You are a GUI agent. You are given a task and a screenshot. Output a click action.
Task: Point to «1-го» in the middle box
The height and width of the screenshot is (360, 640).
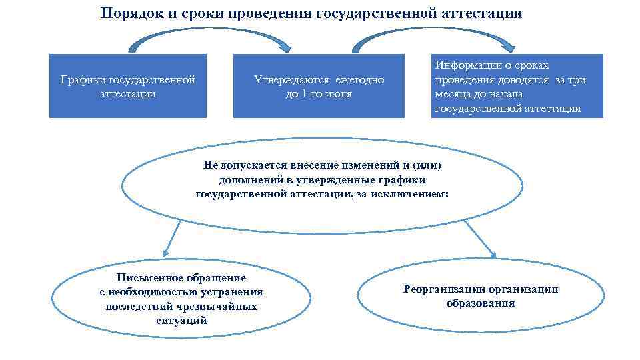[310, 94]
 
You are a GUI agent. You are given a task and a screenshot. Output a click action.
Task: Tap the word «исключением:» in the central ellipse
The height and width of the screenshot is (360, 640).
[415, 194]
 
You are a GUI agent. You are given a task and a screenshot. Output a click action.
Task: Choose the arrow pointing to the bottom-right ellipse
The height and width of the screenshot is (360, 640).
[480, 239]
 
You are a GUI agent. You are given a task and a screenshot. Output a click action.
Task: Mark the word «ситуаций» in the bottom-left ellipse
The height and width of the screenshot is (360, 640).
[181, 320]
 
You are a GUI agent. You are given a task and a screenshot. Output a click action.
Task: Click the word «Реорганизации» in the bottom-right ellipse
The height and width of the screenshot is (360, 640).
[443, 289]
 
